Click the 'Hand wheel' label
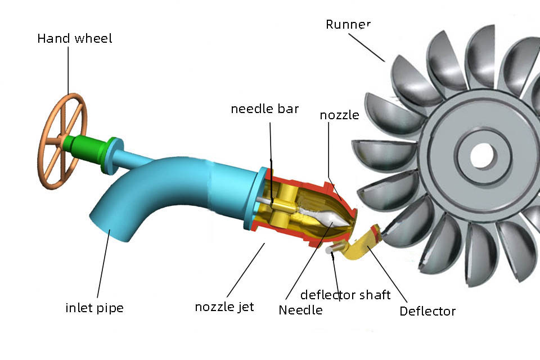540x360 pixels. [x=74, y=39]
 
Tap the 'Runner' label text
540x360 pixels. [x=348, y=25]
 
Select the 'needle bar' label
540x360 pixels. [x=264, y=109]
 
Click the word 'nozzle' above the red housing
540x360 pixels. [x=339, y=115]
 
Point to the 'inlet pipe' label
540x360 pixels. [x=94, y=308]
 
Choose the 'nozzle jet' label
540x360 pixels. [x=224, y=307]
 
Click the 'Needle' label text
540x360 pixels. [x=300, y=310]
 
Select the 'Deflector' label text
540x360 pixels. [x=427, y=311]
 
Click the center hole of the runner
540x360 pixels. [x=482, y=155]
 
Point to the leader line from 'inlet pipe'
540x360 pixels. [x=103, y=264]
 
